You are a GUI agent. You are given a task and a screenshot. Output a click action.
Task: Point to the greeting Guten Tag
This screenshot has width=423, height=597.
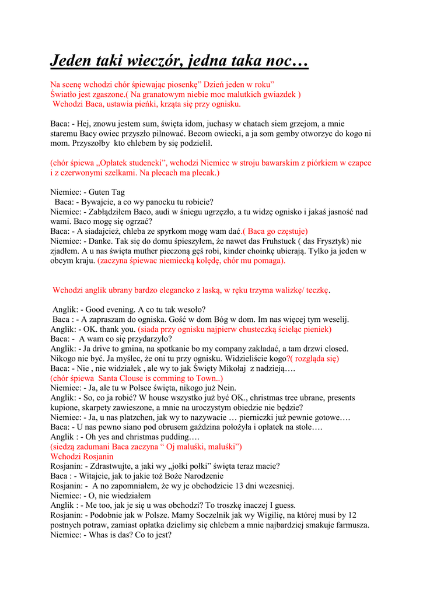(x=107, y=192)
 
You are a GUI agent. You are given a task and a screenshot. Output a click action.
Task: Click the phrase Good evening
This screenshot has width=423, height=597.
(x=113, y=309)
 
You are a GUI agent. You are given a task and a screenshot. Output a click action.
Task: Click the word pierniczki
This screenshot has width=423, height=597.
(x=264, y=417)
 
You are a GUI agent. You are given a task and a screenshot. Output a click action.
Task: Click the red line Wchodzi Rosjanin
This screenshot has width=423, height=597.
(x=82, y=456)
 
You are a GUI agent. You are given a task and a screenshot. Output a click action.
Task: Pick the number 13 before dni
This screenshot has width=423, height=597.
(x=225, y=486)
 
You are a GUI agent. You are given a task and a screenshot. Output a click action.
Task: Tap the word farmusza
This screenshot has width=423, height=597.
(x=349, y=525)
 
